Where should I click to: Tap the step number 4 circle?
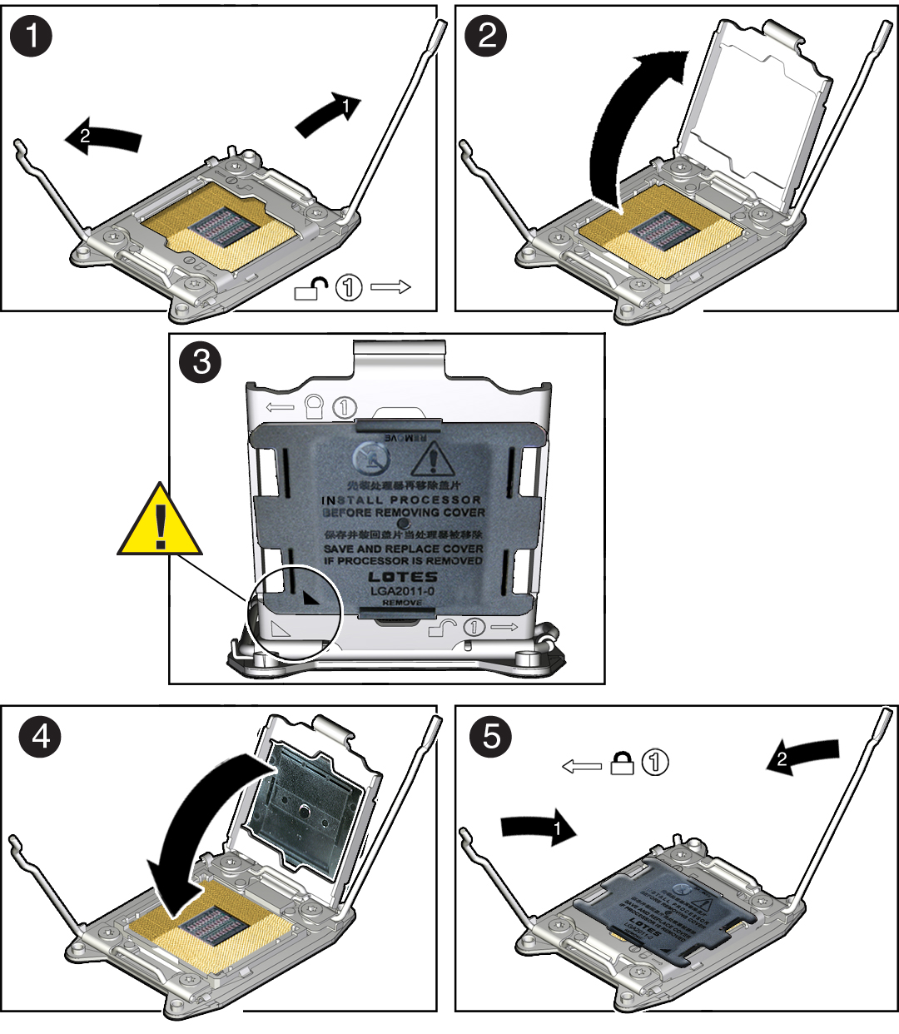pos(40,736)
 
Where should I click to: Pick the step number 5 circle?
pos(491,736)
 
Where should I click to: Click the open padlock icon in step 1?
pos(309,289)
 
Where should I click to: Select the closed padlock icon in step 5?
pos(622,763)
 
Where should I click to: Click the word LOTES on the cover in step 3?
pos(402,576)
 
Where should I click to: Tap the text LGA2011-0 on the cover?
pos(402,590)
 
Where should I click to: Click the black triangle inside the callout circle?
pos(310,596)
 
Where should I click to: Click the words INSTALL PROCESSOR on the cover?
pos(402,500)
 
